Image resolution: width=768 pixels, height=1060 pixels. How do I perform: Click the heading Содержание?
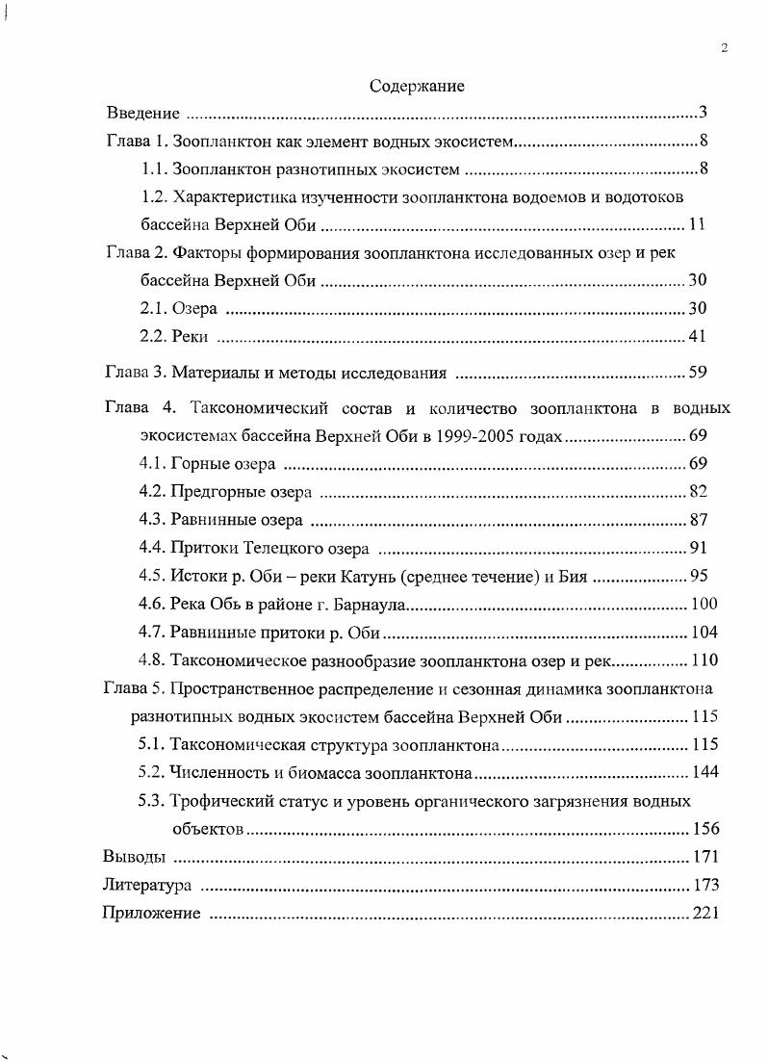[x=417, y=87]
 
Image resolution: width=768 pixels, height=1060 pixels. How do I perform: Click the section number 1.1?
[x=153, y=170]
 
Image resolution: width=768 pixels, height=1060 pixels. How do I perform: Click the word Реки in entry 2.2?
[x=189, y=337]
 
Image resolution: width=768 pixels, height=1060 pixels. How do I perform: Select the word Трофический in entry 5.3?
[x=217, y=800]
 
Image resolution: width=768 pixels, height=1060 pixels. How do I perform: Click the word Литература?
[x=146, y=885]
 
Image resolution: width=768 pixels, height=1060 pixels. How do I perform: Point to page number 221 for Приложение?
[x=705, y=913]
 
